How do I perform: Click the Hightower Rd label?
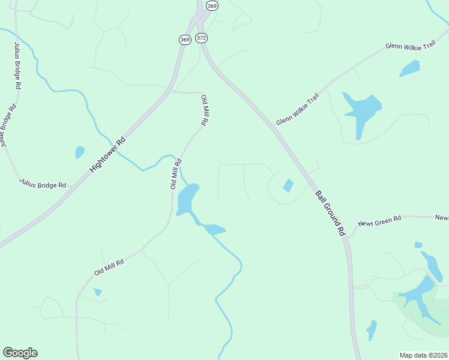tap(108, 155)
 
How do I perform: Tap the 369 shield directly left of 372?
tap(184, 40)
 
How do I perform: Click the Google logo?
tap(20, 353)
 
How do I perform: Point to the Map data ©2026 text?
tap(423, 355)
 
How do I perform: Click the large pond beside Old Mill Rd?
tap(187, 199)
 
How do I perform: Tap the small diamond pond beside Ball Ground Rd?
tap(288, 185)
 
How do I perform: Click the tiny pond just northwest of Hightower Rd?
tap(79, 152)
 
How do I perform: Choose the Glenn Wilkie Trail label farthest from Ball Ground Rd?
tap(410, 46)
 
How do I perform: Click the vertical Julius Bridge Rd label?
tap(16, 65)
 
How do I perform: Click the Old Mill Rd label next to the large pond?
tap(175, 174)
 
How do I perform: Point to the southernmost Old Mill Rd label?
tap(109, 268)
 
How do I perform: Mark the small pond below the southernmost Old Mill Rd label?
tap(98, 292)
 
